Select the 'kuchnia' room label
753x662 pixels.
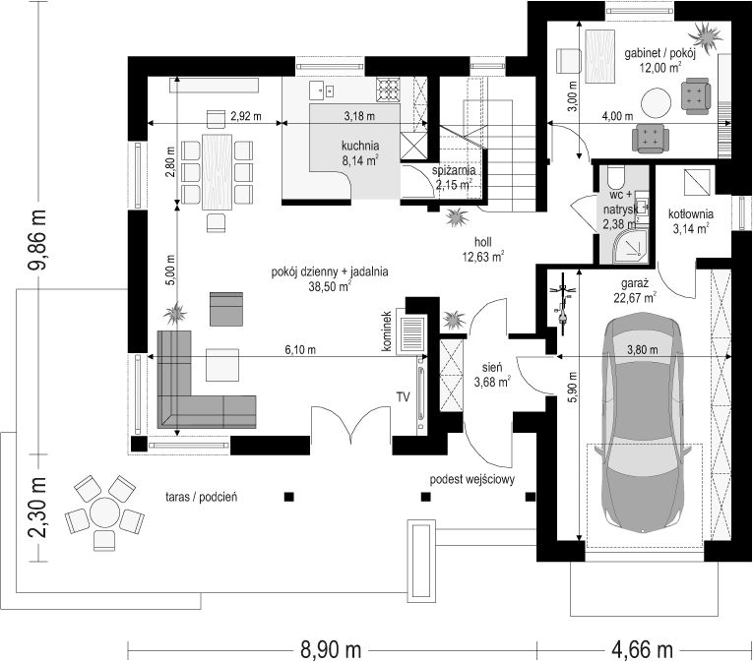[360, 146]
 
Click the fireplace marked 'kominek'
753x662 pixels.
[411, 334]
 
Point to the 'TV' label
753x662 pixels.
[403, 396]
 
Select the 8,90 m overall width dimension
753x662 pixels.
[331, 650]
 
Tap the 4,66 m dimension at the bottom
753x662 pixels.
[642, 650]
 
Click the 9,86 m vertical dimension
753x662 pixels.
[37, 239]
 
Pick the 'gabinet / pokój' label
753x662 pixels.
[659, 53]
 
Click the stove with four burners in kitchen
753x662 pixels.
[388, 90]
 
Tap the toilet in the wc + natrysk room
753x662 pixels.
[615, 177]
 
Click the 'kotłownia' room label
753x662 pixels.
[691, 214]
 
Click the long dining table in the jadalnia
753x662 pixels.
[218, 172]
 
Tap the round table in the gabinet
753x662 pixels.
[656, 102]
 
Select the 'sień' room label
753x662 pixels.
[492, 368]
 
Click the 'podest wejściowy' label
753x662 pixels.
[472, 479]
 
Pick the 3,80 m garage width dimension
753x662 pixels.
[643, 350]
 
